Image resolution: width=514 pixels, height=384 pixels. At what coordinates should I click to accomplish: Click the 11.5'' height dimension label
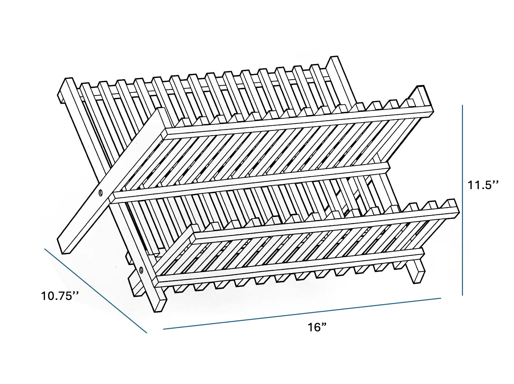483,185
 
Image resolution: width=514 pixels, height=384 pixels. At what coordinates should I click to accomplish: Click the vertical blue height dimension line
463,200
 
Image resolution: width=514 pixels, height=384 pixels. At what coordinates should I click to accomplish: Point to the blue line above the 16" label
302,314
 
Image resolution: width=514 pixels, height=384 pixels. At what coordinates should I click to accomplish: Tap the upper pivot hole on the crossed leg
101,193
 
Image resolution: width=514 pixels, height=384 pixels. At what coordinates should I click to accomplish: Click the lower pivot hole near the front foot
141,270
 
